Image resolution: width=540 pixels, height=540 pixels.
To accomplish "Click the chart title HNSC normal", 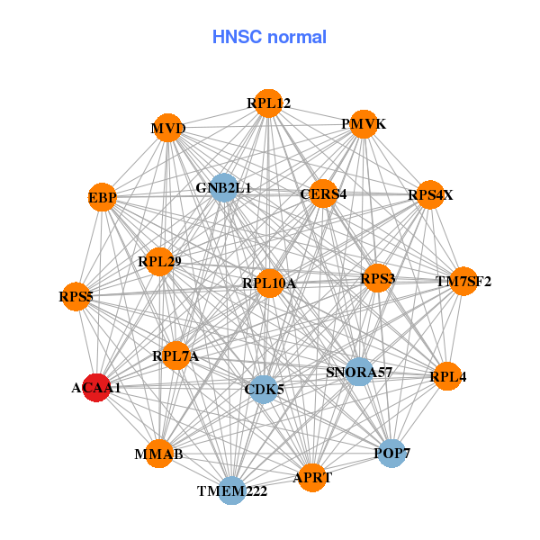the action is click(269, 37).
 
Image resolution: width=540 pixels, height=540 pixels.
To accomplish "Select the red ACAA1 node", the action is click(96, 388).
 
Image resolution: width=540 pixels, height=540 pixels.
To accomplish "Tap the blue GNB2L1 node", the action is click(223, 188).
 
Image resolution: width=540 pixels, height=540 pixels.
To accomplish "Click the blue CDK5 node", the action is click(263, 390).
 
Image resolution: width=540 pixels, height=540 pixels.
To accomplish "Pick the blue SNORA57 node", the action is click(360, 372).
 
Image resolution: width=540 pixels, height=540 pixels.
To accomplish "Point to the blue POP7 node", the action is click(391, 453).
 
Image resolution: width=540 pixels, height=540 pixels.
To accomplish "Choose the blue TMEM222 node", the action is click(232, 490).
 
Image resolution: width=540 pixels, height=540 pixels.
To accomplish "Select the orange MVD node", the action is click(168, 128).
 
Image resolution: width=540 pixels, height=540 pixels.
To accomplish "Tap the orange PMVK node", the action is click(363, 124).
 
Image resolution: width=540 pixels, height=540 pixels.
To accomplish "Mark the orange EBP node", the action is click(103, 197).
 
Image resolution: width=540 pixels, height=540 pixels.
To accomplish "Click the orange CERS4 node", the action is click(323, 193).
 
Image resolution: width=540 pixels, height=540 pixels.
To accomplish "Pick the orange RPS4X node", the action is click(430, 194).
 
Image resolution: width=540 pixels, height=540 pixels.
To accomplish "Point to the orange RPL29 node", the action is click(160, 262).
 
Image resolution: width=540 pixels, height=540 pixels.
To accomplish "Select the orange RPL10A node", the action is click(269, 283).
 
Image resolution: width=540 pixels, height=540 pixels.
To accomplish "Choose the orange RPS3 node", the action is click(377, 278).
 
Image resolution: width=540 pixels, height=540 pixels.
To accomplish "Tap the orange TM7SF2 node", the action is click(463, 282).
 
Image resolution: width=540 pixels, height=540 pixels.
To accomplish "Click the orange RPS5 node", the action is click(76, 295).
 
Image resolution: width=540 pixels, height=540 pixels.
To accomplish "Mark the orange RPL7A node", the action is click(175, 357).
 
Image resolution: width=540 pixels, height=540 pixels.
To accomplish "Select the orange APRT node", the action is click(312, 478).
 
